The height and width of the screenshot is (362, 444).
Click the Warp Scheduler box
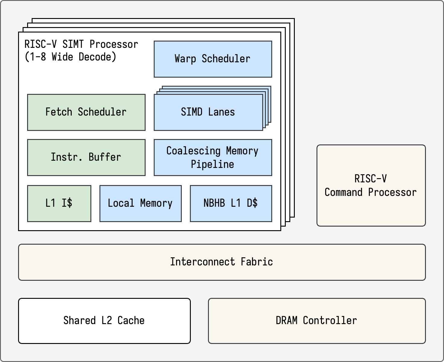[x=213, y=59]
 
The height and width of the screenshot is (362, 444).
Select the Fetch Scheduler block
[x=86, y=112]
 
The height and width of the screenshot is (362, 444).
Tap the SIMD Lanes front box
[x=208, y=112]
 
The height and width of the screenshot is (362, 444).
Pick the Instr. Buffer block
[x=86, y=157]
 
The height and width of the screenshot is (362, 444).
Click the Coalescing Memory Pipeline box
[x=213, y=157]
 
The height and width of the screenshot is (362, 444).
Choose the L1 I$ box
[x=59, y=203]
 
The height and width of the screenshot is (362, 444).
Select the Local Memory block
[x=140, y=203]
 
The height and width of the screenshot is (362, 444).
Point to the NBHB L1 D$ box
[x=231, y=203]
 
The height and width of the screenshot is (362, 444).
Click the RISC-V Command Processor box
[x=371, y=185]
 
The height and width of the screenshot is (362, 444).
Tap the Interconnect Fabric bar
[x=222, y=262]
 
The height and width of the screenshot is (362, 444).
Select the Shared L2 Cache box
[x=104, y=321]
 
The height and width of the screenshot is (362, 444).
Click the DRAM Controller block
[x=317, y=321]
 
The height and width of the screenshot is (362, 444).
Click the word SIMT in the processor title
[x=73, y=44]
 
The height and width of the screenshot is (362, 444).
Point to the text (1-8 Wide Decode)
[x=70, y=57]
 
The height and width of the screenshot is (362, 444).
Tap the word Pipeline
[x=213, y=164]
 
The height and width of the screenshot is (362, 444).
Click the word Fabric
[x=257, y=262]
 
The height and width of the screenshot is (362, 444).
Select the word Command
[x=343, y=192]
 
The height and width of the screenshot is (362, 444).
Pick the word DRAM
[x=287, y=320]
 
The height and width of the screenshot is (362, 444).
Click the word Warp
[x=185, y=59]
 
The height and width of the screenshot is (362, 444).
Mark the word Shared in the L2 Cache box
[x=79, y=320]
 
